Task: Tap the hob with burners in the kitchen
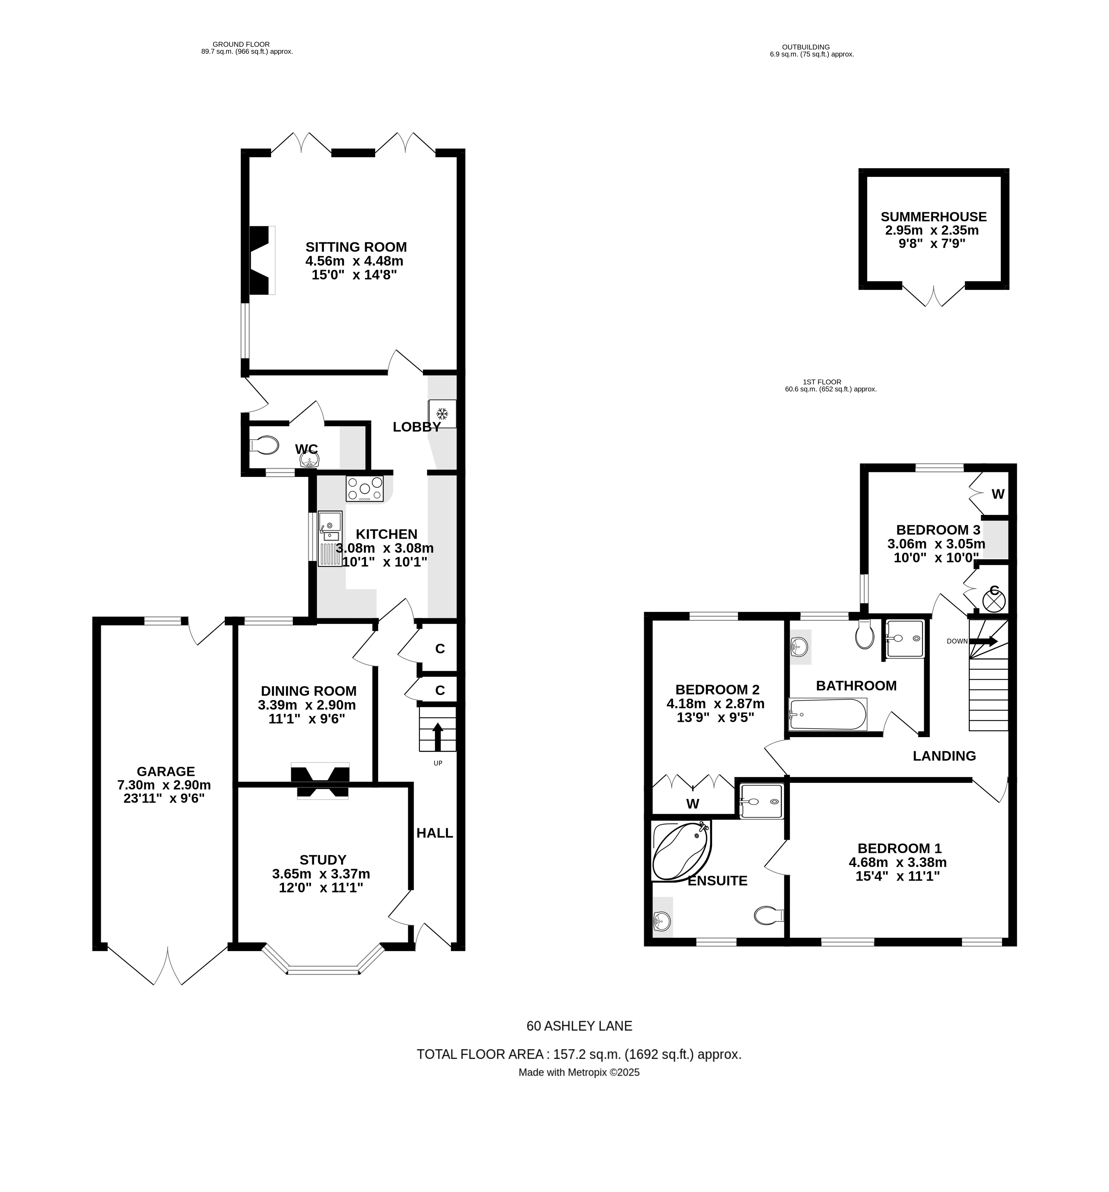tap(364, 488)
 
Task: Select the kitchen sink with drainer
tap(329, 538)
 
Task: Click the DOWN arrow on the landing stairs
tap(983, 641)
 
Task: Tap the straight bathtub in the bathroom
tap(827, 714)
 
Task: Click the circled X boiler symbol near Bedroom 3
tap(993, 600)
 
